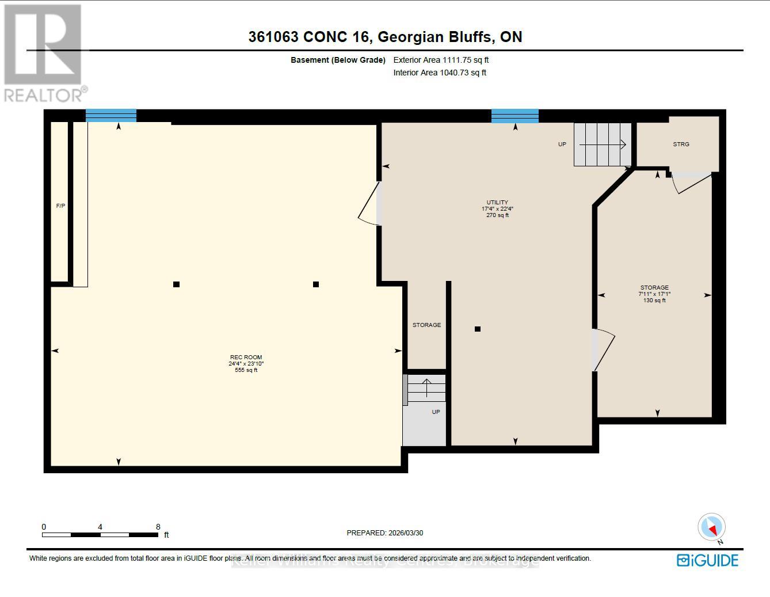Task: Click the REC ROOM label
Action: (x=246, y=357)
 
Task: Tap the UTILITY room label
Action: (x=497, y=202)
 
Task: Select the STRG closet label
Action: (x=681, y=144)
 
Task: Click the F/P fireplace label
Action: (x=60, y=206)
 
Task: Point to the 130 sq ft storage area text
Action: (x=654, y=301)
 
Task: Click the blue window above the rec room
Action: (x=111, y=115)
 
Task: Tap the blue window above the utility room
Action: (x=514, y=116)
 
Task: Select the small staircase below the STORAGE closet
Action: (x=426, y=388)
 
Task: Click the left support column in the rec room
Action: (x=177, y=284)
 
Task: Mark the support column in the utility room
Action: (x=478, y=329)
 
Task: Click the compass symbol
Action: (x=712, y=527)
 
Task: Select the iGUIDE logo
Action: (x=707, y=560)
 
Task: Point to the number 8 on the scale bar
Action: (x=158, y=527)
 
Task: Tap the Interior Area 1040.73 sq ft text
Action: (x=440, y=73)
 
